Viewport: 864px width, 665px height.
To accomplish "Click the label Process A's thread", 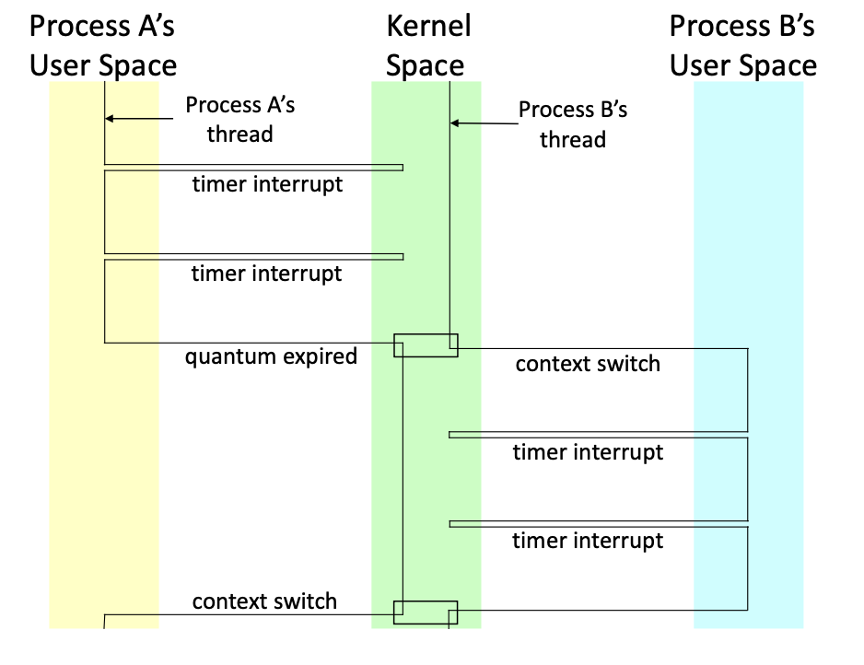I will pyautogui.click(x=239, y=119).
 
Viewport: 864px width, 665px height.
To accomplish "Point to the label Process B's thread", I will pyautogui.click(x=572, y=124).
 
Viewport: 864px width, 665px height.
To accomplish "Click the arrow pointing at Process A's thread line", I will pyautogui.click(x=138, y=119).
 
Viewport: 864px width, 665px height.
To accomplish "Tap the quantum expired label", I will pyautogui.click(x=271, y=356).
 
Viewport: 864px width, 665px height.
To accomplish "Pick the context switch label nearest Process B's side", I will pyautogui.click(x=588, y=364).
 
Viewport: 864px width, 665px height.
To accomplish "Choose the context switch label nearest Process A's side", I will pyautogui.click(x=264, y=602).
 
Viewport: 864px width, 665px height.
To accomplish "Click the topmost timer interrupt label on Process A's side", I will pyautogui.click(x=267, y=184).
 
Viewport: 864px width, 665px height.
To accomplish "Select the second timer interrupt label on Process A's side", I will pyautogui.click(x=266, y=274).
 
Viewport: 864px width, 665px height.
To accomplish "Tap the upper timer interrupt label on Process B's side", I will pyautogui.click(x=588, y=452).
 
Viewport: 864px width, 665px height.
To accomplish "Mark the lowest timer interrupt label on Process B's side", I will pyautogui.click(x=588, y=541).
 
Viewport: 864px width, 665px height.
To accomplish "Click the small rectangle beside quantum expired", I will pyautogui.click(x=426, y=345).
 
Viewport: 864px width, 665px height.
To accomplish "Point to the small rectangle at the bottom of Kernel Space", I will pyautogui.click(x=426, y=612).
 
